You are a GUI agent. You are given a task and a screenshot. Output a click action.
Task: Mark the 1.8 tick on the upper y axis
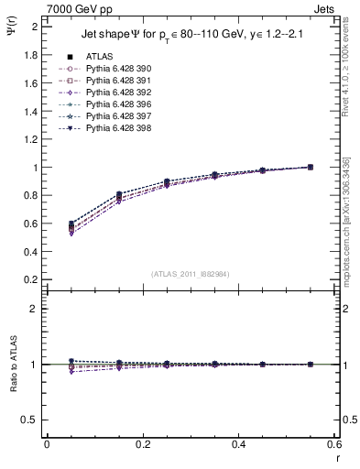pyautogui.click(x=30, y=55)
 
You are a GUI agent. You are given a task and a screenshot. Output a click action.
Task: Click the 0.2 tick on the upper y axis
pyautogui.click(x=30, y=279)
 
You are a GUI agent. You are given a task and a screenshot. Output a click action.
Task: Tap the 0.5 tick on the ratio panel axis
pyautogui.click(x=30, y=420)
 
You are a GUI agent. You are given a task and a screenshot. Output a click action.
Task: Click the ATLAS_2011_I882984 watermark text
pyautogui.click(x=191, y=273)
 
